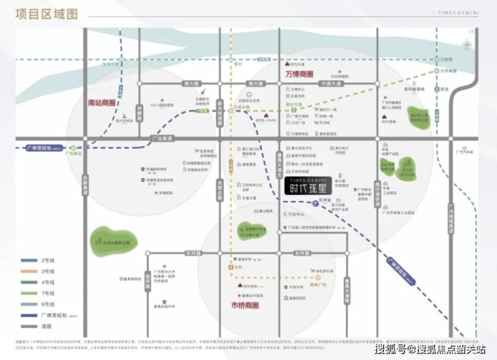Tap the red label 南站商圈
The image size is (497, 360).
102,103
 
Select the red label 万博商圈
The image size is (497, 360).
300,73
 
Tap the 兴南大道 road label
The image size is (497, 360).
330,83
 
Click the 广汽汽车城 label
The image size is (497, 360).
463,152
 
